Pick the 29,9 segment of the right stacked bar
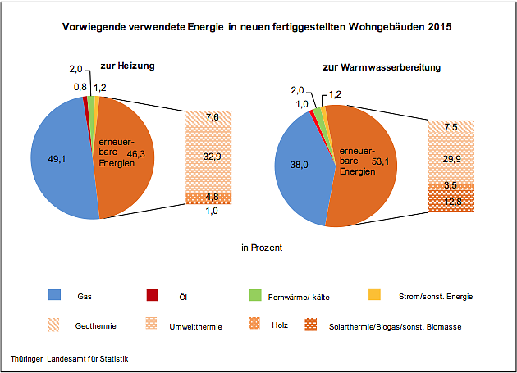tap(451, 158)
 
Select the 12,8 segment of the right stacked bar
tap(451, 202)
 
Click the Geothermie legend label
tap(96, 326)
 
